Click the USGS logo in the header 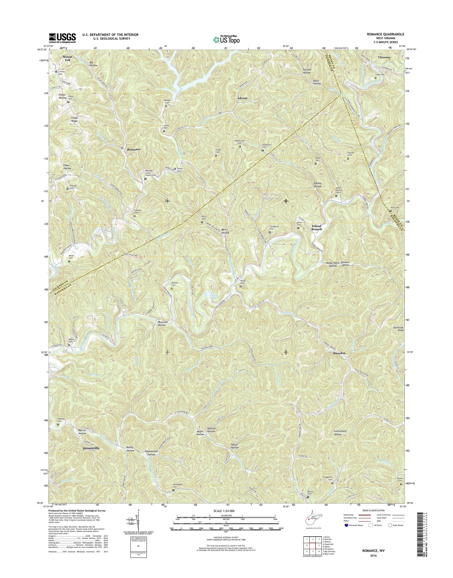(62, 38)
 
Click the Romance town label (133, 149)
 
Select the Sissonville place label (91, 448)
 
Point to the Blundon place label (339, 353)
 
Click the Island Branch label (316, 228)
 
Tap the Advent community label (242, 98)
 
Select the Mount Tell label (67, 58)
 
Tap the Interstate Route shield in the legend (346, 525)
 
